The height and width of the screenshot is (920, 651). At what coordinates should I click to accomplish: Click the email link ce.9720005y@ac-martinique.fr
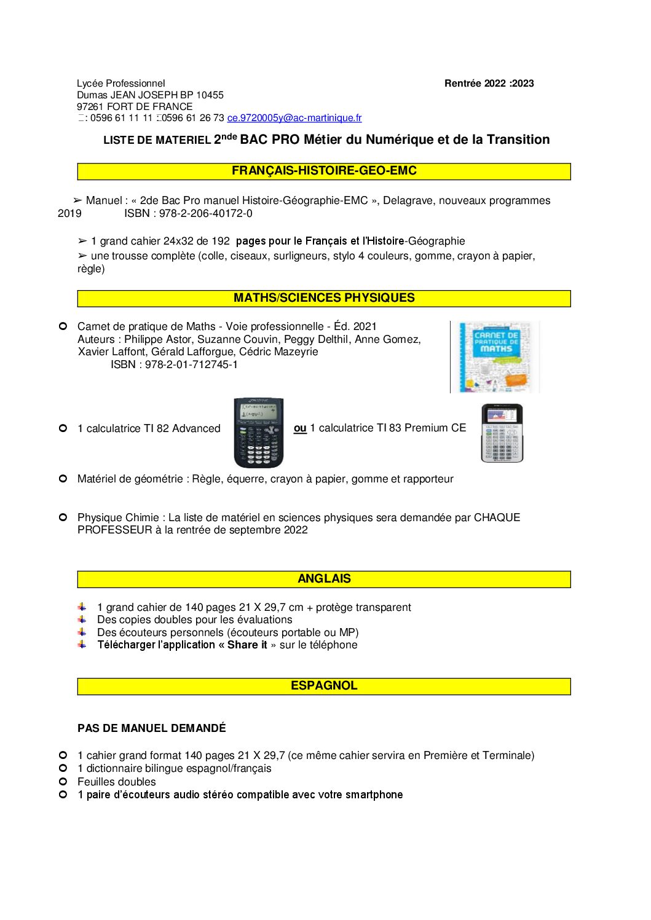click(x=294, y=118)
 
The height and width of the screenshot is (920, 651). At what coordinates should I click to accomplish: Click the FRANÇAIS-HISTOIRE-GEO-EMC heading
click(x=324, y=171)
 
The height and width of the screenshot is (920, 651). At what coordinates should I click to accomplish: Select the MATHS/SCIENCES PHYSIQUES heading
click(x=324, y=298)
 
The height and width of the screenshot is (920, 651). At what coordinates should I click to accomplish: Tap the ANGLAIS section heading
click(x=324, y=579)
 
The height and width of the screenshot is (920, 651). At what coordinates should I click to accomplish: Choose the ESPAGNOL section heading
click(x=324, y=686)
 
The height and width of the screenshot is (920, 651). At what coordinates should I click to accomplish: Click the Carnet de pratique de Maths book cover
click(x=495, y=357)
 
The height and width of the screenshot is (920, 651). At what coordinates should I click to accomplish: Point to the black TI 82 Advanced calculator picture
click(x=259, y=433)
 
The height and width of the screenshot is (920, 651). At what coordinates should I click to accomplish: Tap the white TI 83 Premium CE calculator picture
click(x=502, y=433)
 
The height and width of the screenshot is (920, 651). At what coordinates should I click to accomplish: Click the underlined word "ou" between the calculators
click(x=300, y=428)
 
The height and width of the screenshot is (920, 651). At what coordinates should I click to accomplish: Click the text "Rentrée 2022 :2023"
click(x=489, y=84)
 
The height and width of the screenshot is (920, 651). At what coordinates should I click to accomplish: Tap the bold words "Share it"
click(x=247, y=645)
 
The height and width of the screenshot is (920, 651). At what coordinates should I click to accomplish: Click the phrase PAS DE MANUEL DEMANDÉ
click(x=151, y=728)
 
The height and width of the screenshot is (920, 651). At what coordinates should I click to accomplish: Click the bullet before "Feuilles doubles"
click(x=63, y=782)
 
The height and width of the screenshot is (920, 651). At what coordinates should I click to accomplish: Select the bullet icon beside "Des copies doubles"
click(x=82, y=619)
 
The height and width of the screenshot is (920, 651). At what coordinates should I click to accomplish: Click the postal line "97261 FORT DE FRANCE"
click(x=135, y=106)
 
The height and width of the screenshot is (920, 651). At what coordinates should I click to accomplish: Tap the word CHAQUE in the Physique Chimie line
click(x=497, y=517)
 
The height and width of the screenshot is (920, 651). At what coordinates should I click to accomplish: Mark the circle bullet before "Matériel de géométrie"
click(x=63, y=479)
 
